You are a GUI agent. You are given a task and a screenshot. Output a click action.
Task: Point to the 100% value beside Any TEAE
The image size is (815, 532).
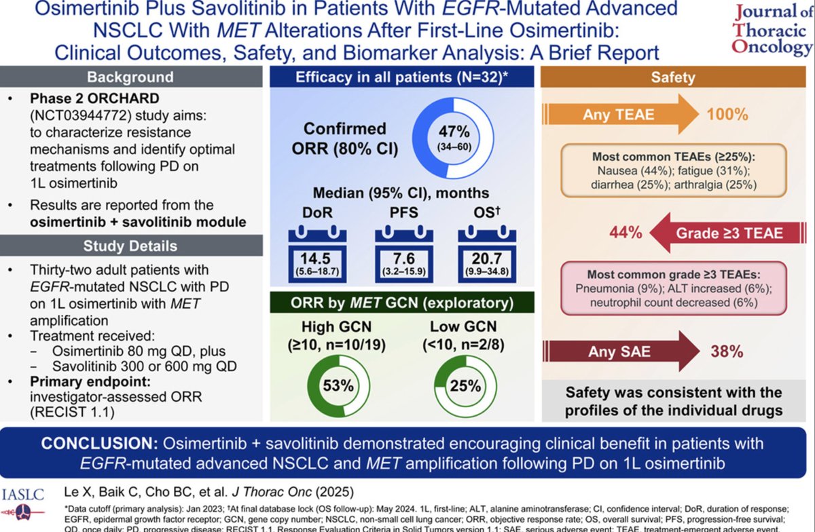[x=727, y=115]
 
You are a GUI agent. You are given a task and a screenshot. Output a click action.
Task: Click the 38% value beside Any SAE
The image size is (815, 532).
[x=727, y=351]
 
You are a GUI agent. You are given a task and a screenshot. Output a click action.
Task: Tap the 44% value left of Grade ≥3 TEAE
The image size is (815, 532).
[x=625, y=233]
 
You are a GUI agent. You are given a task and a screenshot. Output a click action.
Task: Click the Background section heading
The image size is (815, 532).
[x=130, y=77]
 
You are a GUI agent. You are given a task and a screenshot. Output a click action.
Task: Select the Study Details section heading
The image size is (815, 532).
[x=130, y=245]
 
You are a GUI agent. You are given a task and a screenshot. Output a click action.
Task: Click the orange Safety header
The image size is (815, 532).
[x=672, y=77]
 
